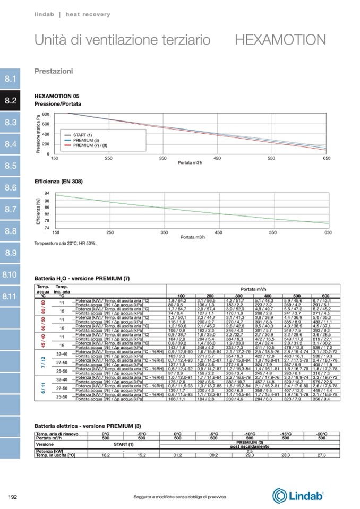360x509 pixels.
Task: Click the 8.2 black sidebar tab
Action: pyautogui.click(x=11, y=100)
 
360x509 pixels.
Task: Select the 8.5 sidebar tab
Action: pyautogui.click(x=11, y=166)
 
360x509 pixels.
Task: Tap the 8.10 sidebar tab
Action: pyautogui.click(x=11, y=274)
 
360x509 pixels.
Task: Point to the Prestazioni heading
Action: pyautogui.click(x=54, y=71)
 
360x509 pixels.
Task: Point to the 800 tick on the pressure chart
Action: pyautogui.click(x=46, y=114)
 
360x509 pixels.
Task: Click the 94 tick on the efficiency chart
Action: pyautogui.click(x=47, y=193)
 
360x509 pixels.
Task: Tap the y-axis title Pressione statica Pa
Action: pyautogui.click(x=38, y=134)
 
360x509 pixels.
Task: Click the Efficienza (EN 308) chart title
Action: pyautogui.click(x=58, y=182)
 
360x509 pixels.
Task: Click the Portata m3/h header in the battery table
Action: pyautogui.click(x=253, y=289)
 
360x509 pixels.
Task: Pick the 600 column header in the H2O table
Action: pyautogui.click(x=325, y=296)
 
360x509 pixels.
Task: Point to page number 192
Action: pyautogui.click(x=13, y=497)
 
